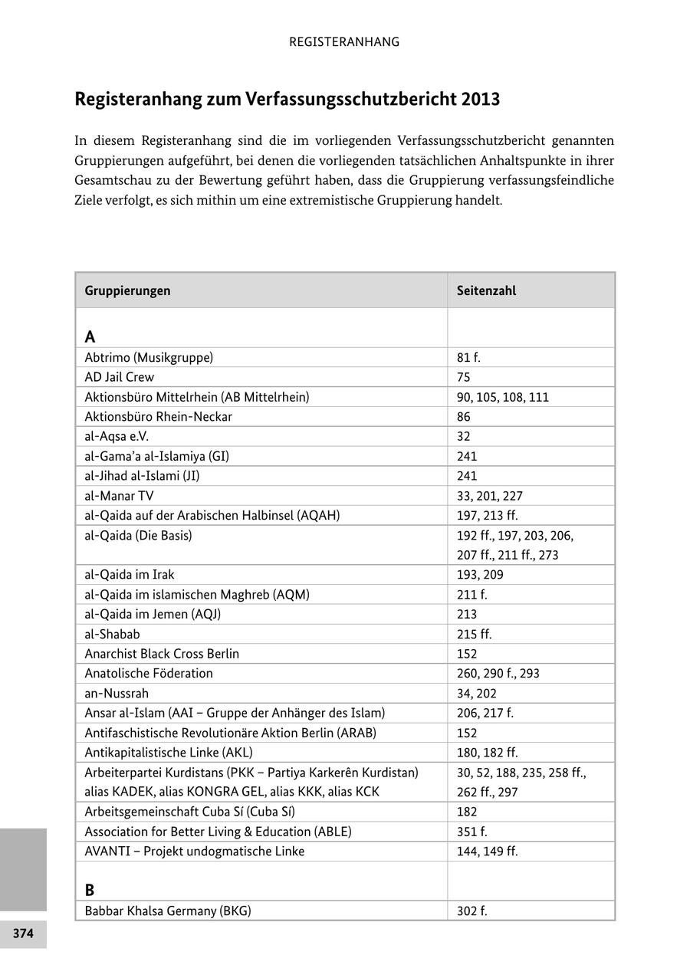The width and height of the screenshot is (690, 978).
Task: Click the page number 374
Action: pyautogui.click(x=23, y=934)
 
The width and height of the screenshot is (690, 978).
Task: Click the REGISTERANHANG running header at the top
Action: pyautogui.click(x=344, y=42)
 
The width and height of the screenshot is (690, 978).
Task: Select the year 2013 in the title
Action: pyautogui.click(x=481, y=100)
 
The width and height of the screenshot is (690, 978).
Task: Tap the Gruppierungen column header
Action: pyautogui.click(x=127, y=290)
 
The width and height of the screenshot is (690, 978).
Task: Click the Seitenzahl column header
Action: pyautogui.click(x=486, y=290)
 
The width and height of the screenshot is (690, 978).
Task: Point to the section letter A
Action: pyautogui.click(x=90, y=336)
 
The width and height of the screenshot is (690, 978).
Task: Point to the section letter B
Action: pyautogui.click(x=90, y=890)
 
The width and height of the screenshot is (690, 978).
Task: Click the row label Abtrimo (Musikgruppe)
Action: pyautogui.click(x=149, y=357)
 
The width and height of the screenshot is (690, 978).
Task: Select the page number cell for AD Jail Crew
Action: pyautogui.click(x=464, y=377)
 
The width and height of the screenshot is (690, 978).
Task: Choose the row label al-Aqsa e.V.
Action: pyautogui.click(x=117, y=436)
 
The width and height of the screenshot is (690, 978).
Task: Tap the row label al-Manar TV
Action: pyautogui.click(x=119, y=496)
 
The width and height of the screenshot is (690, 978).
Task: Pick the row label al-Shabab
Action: pyautogui.click(x=112, y=634)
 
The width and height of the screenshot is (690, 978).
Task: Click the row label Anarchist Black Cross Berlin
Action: pyautogui.click(x=162, y=654)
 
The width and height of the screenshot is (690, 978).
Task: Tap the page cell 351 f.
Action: pyautogui.click(x=472, y=832)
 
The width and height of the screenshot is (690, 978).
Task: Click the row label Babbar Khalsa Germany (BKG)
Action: pyautogui.click(x=168, y=911)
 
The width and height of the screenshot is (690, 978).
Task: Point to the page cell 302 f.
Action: pyautogui.click(x=472, y=911)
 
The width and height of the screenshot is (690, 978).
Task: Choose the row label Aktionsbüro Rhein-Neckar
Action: pyautogui.click(x=158, y=417)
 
